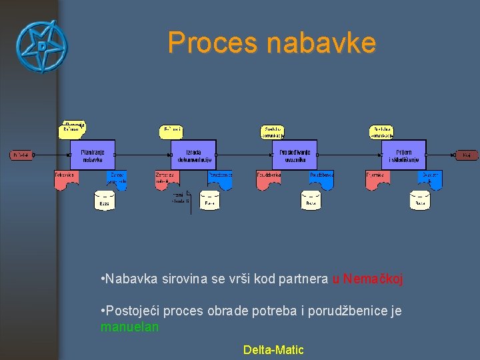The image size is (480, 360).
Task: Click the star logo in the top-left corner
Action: click(42, 47)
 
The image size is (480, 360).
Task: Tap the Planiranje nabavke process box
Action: click(92, 155)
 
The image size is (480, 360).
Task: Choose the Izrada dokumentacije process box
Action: click(193, 155)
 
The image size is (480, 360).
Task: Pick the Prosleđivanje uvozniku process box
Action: click(295, 155)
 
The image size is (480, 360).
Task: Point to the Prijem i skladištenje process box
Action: click(403, 155)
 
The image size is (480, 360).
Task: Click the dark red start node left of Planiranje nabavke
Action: click(21, 155)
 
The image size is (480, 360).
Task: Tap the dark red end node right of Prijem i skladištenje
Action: click(467, 155)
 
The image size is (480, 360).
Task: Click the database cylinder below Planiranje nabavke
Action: click(104, 200)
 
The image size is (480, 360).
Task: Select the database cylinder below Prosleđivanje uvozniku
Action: click(311, 200)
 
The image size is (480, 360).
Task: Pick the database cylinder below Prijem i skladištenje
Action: click(419, 200)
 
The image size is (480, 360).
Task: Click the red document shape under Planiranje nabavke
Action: click(65, 179)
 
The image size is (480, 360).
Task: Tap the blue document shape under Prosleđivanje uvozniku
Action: click(321, 179)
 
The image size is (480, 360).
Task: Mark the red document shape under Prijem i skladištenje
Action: click(377, 179)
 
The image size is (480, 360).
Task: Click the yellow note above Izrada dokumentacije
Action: click(171, 131)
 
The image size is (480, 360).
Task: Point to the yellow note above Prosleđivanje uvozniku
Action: click(272, 132)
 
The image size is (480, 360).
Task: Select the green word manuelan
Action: click(129, 327)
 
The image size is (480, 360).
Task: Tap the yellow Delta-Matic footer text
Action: click(273, 349)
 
